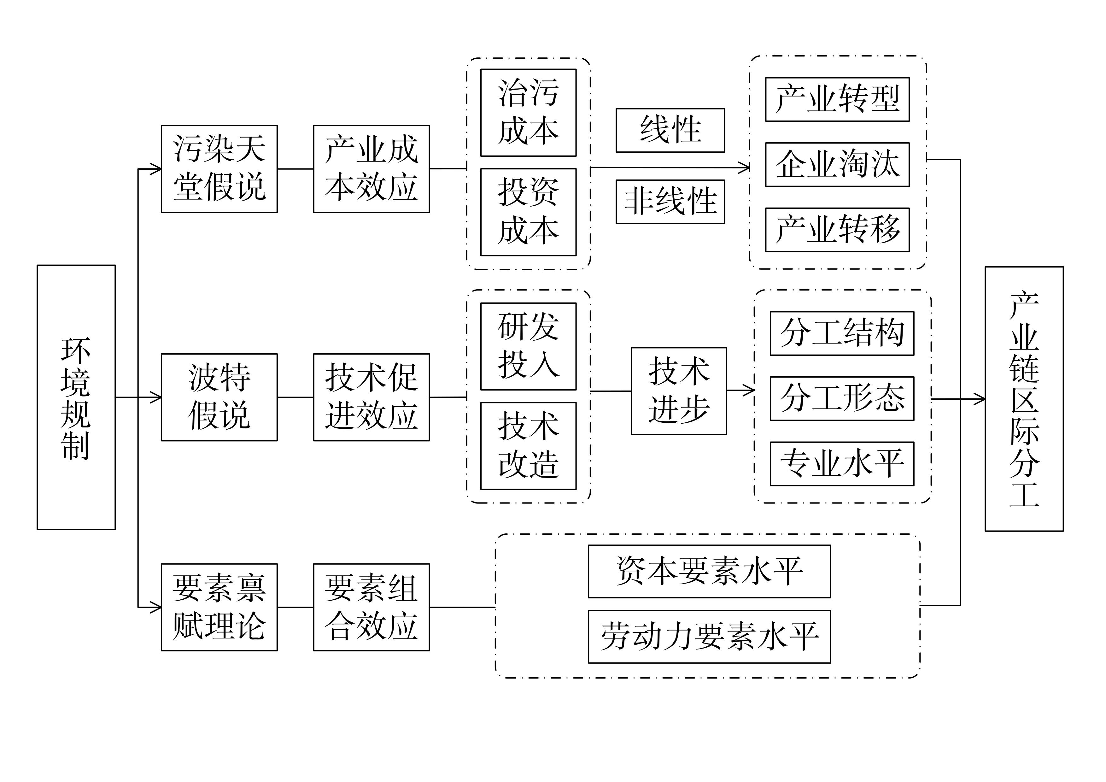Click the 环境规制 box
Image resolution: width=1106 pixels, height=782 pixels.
[76, 397]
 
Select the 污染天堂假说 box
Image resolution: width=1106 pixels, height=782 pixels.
[219, 169]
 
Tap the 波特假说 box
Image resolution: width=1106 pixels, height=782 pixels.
[219, 397]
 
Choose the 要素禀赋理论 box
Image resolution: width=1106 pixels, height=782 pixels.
[219, 607]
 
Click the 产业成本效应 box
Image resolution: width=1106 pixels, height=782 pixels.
[372, 169]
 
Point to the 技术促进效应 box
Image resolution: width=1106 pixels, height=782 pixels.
[372, 397]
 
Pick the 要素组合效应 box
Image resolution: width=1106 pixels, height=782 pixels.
[372, 607]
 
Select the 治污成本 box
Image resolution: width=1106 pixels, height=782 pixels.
[529, 113]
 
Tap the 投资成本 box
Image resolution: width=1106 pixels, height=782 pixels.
[529, 212]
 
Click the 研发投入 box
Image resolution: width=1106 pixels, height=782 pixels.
[529, 346]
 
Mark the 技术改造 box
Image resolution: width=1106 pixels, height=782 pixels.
[529, 446]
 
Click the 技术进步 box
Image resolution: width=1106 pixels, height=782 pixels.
[679, 391]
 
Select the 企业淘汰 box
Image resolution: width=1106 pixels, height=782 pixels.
[837, 164]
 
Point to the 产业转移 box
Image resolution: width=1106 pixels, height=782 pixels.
[837, 230]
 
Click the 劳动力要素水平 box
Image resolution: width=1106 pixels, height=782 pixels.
[709, 637]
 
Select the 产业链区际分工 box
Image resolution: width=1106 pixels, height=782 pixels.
[1024, 399]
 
